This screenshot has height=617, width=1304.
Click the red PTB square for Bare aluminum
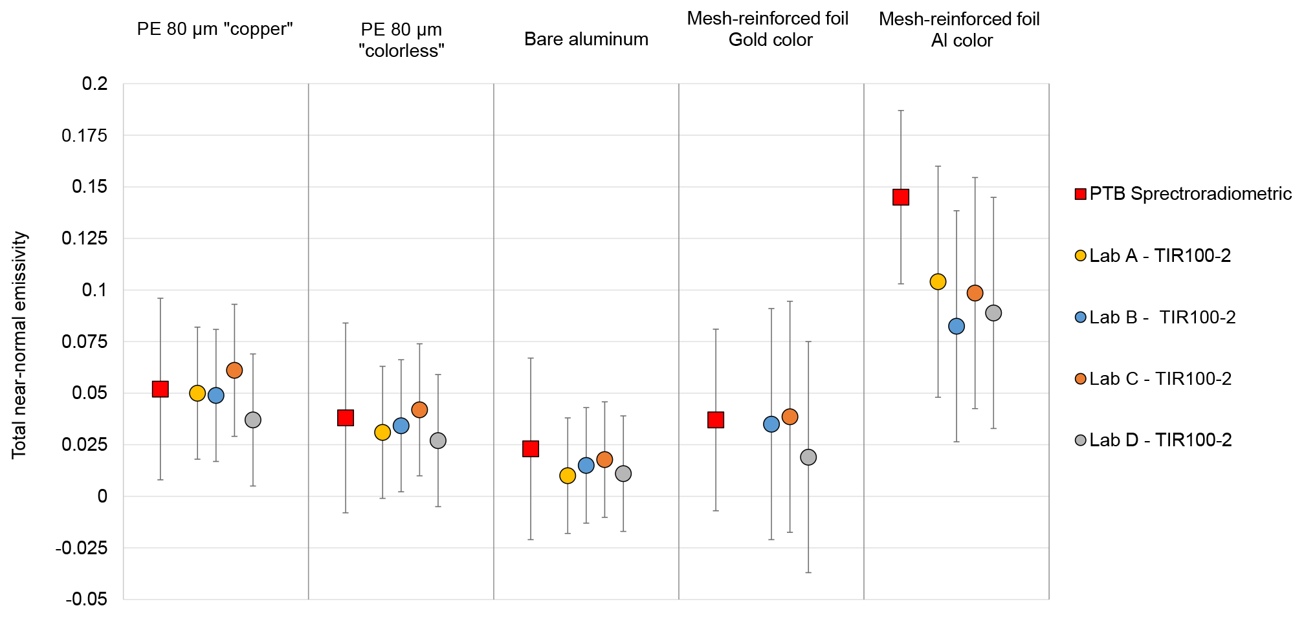(x=531, y=449)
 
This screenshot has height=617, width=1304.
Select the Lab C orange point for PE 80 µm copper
(x=234, y=371)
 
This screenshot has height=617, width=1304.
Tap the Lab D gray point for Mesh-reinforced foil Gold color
(x=808, y=457)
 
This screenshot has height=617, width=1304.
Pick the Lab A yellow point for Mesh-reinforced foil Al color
(x=938, y=281)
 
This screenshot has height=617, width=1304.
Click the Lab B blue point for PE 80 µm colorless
(x=401, y=426)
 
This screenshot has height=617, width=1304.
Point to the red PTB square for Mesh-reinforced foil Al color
(x=901, y=197)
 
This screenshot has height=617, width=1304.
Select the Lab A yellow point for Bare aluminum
(x=568, y=476)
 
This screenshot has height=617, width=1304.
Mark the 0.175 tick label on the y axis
(x=84, y=136)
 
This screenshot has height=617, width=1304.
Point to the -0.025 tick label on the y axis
(x=82, y=548)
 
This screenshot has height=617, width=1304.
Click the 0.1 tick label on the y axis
(x=94, y=290)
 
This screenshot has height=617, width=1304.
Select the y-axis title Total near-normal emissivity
(x=19, y=345)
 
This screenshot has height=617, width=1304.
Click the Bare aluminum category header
(x=586, y=39)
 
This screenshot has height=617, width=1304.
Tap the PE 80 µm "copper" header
(x=215, y=30)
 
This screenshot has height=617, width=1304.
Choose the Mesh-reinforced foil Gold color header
(x=768, y=29)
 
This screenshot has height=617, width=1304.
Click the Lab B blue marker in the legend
(x=1080, y=318)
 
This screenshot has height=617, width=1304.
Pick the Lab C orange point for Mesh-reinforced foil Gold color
(x=790, y=417)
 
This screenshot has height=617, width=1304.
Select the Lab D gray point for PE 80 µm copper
(x=253, y=420)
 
